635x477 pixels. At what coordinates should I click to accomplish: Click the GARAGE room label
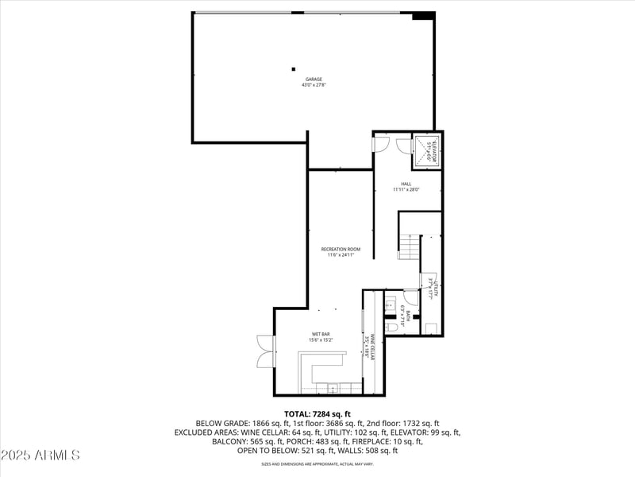(314, 79)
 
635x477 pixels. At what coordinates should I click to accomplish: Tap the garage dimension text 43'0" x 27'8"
(314, 85)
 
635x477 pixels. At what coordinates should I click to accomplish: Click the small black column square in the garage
(293, 69)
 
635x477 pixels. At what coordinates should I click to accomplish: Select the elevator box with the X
(426, 151)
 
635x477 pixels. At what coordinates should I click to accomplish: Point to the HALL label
(406, 184)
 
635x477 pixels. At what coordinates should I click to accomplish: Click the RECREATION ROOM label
(341, 250)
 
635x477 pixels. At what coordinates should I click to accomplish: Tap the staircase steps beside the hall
(408, 247)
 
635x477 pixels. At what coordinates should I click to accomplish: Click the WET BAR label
(320, 334)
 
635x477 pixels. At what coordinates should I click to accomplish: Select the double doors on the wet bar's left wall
(264, 351)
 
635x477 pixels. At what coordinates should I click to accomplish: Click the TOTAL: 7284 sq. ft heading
(317, 414)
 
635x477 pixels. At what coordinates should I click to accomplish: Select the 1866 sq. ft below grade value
(263, 424)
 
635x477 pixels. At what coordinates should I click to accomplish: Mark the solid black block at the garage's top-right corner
(423, 15)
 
